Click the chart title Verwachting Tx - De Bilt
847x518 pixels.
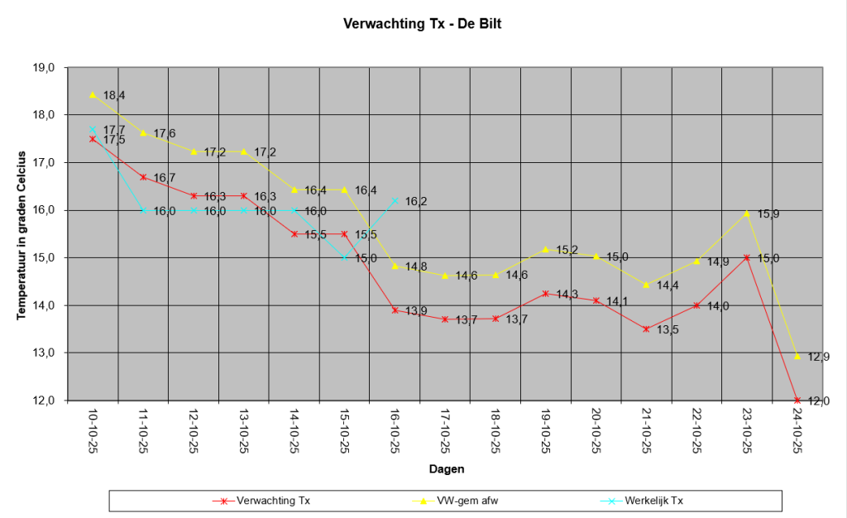423,24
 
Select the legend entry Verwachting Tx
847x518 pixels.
261,501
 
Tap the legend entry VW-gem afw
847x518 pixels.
456,501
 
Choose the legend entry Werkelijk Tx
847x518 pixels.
642,501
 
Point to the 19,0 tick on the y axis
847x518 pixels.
45,68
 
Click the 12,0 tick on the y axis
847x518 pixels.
45,400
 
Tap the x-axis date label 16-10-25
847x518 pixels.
395,431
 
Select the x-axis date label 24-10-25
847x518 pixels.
797,431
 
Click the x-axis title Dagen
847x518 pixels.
447,469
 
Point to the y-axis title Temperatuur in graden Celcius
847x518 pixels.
22,236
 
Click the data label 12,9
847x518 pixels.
818,357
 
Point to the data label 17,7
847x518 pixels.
114,130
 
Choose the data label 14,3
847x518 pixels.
567,295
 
